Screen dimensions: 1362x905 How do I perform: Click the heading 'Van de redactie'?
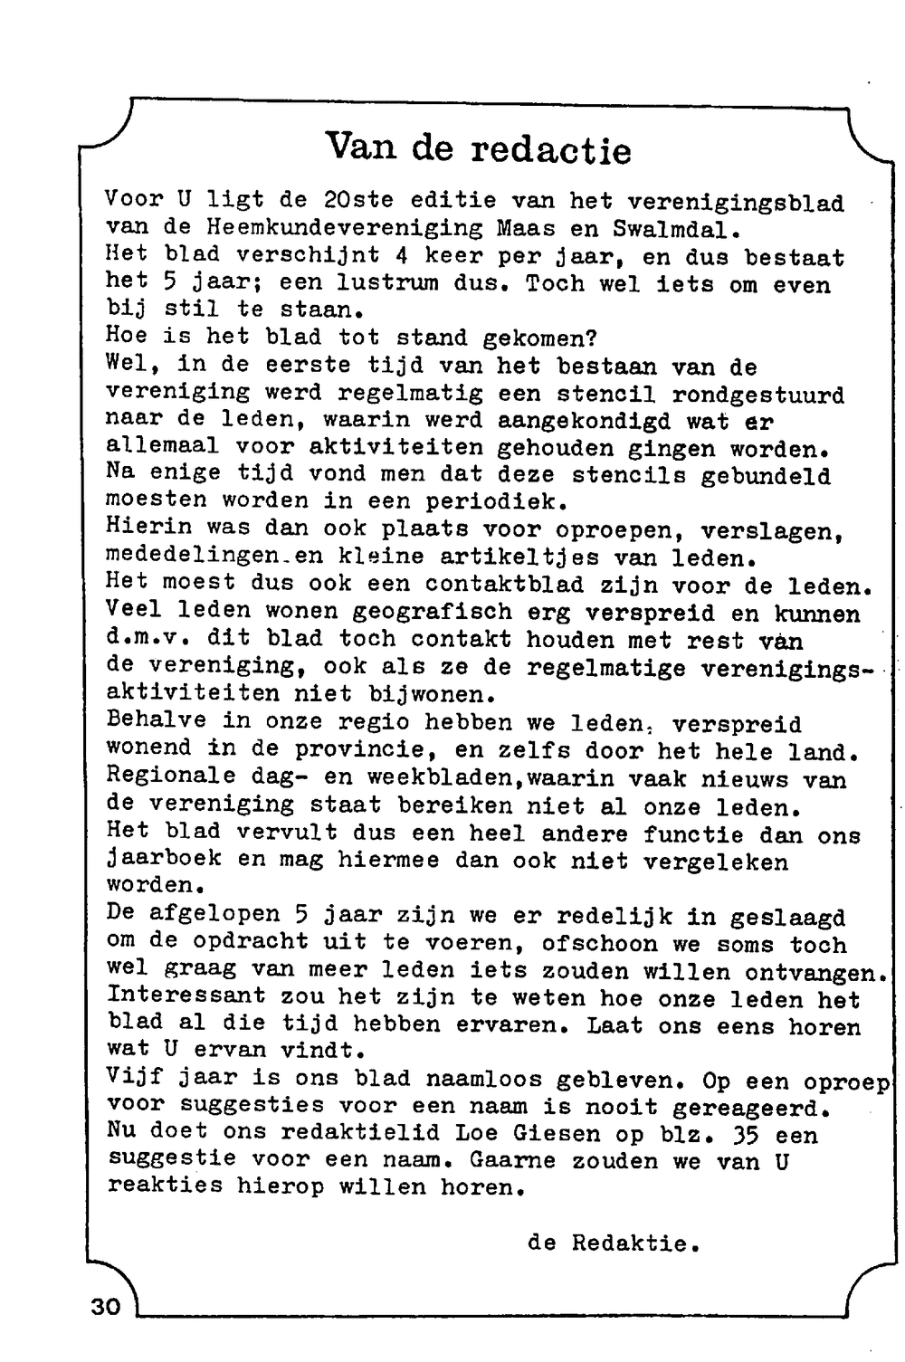coord(477,148)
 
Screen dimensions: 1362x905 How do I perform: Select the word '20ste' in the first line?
coord(352,200)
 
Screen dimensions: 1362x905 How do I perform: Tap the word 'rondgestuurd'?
coord(757,395)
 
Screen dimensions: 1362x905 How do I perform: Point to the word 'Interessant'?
coord(186,996)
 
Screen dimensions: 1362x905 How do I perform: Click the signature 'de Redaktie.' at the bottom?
coord(614,1243)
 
